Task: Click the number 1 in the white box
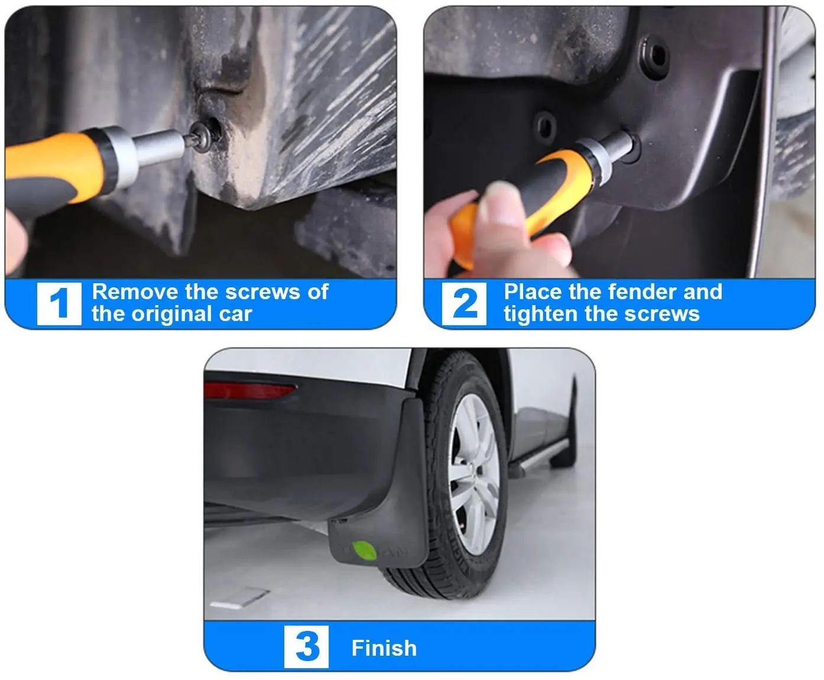point(59,303)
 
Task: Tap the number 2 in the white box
point(465,303)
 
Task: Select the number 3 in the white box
point(307,646)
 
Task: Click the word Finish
point(384,648)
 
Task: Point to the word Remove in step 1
point(135,292)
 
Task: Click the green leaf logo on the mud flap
point(364,551)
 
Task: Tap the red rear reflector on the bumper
point(249,390)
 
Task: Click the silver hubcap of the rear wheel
point(473,474)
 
